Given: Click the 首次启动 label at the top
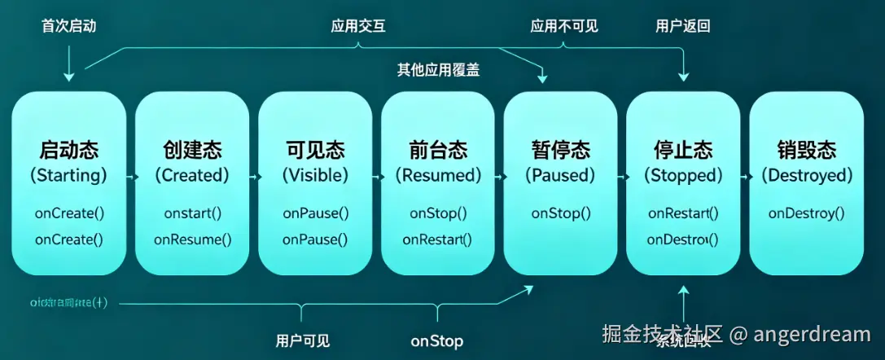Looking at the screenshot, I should [68, 26].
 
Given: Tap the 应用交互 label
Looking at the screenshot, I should [358, 26].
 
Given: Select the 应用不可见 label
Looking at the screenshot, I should [564, 26].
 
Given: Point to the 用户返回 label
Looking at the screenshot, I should [683, 26].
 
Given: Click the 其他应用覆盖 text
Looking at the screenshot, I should [438, 70].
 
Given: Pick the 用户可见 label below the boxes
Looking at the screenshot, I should [303, 340].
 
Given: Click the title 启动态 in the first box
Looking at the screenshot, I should [69, 150].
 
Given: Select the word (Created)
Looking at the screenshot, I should [192, 175].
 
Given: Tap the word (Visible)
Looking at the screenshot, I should [315, 175].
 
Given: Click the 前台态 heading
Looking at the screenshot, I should [438, 150].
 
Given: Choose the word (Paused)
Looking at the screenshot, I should [560, 175].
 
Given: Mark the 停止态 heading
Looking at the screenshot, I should [683, 150].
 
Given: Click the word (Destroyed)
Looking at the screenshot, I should [806, 175].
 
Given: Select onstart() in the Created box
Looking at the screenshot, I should [192, 213].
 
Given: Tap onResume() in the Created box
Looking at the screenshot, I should [192, 239].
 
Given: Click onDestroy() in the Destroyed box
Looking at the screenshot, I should [806, 213].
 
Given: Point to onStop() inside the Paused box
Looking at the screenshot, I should [560, 213].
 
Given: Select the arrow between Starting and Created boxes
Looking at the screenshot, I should [130, 175].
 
